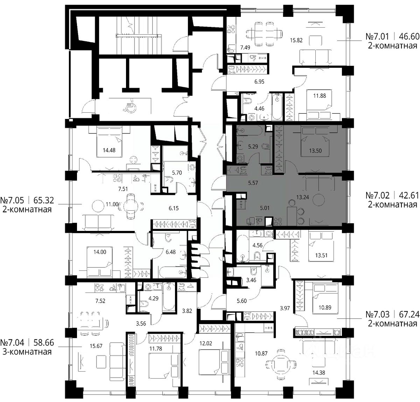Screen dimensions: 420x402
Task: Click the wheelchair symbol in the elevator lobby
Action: (x=130, y=106)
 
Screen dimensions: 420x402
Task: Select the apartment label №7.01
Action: (x=377, y=36)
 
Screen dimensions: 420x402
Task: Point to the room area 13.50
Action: (x=315, y=150)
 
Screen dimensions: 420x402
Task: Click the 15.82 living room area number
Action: (x=296, y=40)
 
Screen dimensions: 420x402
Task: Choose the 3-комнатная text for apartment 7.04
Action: (x=27, y=352)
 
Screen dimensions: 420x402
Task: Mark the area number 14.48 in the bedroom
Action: (x=109, y=150)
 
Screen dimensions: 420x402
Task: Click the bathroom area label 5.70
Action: (x=177, y=172)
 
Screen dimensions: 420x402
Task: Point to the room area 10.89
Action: (x=325, y=307)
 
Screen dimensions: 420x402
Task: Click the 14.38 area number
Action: (x=318, y=373)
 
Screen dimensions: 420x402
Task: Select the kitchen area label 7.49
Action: (x=245, y=48)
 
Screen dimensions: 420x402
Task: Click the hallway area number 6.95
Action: (x=259, y=82)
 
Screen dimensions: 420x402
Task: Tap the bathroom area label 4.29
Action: (x=153, y=298)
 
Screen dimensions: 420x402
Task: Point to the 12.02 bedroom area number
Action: (x=206, y=343)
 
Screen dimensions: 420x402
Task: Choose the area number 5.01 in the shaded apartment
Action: (x=265, y=208)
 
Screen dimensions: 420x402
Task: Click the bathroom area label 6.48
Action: (x=170, y=252)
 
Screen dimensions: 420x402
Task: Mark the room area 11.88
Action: (x=320, y=96)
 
